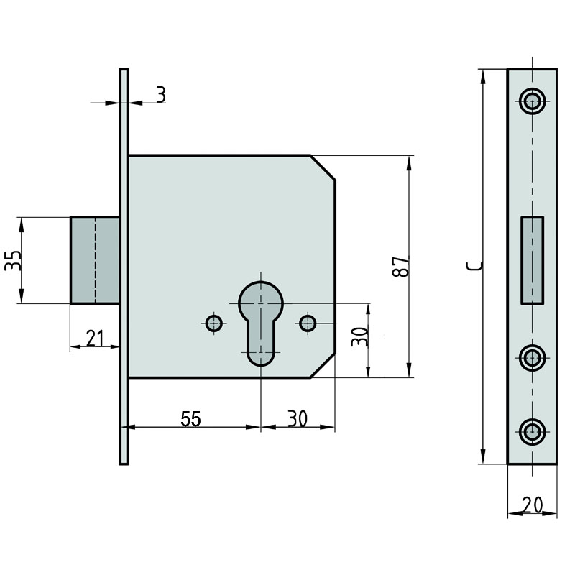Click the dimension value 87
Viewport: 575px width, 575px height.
[x=400, y=267]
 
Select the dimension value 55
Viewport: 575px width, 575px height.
[x=190, y=419]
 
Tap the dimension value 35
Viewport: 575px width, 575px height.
[x=13, y=260]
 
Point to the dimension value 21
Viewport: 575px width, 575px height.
[x=95, y=338]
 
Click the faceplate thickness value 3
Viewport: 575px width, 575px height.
[x=161, y=95]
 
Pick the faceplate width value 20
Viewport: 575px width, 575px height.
[x=533, y=505]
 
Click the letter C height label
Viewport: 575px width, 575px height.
[x=474, y=267]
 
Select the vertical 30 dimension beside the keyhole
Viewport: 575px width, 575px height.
[x=359, y=336]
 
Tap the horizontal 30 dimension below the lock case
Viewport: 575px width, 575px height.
[x=298, y=419]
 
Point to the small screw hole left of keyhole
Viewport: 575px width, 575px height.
[x=213, y=323]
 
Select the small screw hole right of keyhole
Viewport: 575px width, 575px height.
[x=308, y=323]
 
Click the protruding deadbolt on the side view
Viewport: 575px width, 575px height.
[x=95, y=260]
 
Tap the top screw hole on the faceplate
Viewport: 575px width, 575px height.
[x=533, y=101]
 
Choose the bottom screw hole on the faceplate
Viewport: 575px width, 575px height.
[x=533, y=432]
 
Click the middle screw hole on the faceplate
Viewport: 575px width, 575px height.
[x=533, y=358]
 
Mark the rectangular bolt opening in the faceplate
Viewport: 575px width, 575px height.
[x=533, y=260]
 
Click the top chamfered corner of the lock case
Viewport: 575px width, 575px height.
[x=323, y=168]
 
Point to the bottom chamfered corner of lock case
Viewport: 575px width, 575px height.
[x=323, y=366]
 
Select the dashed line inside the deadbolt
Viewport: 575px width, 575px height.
[x=96, y=260]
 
